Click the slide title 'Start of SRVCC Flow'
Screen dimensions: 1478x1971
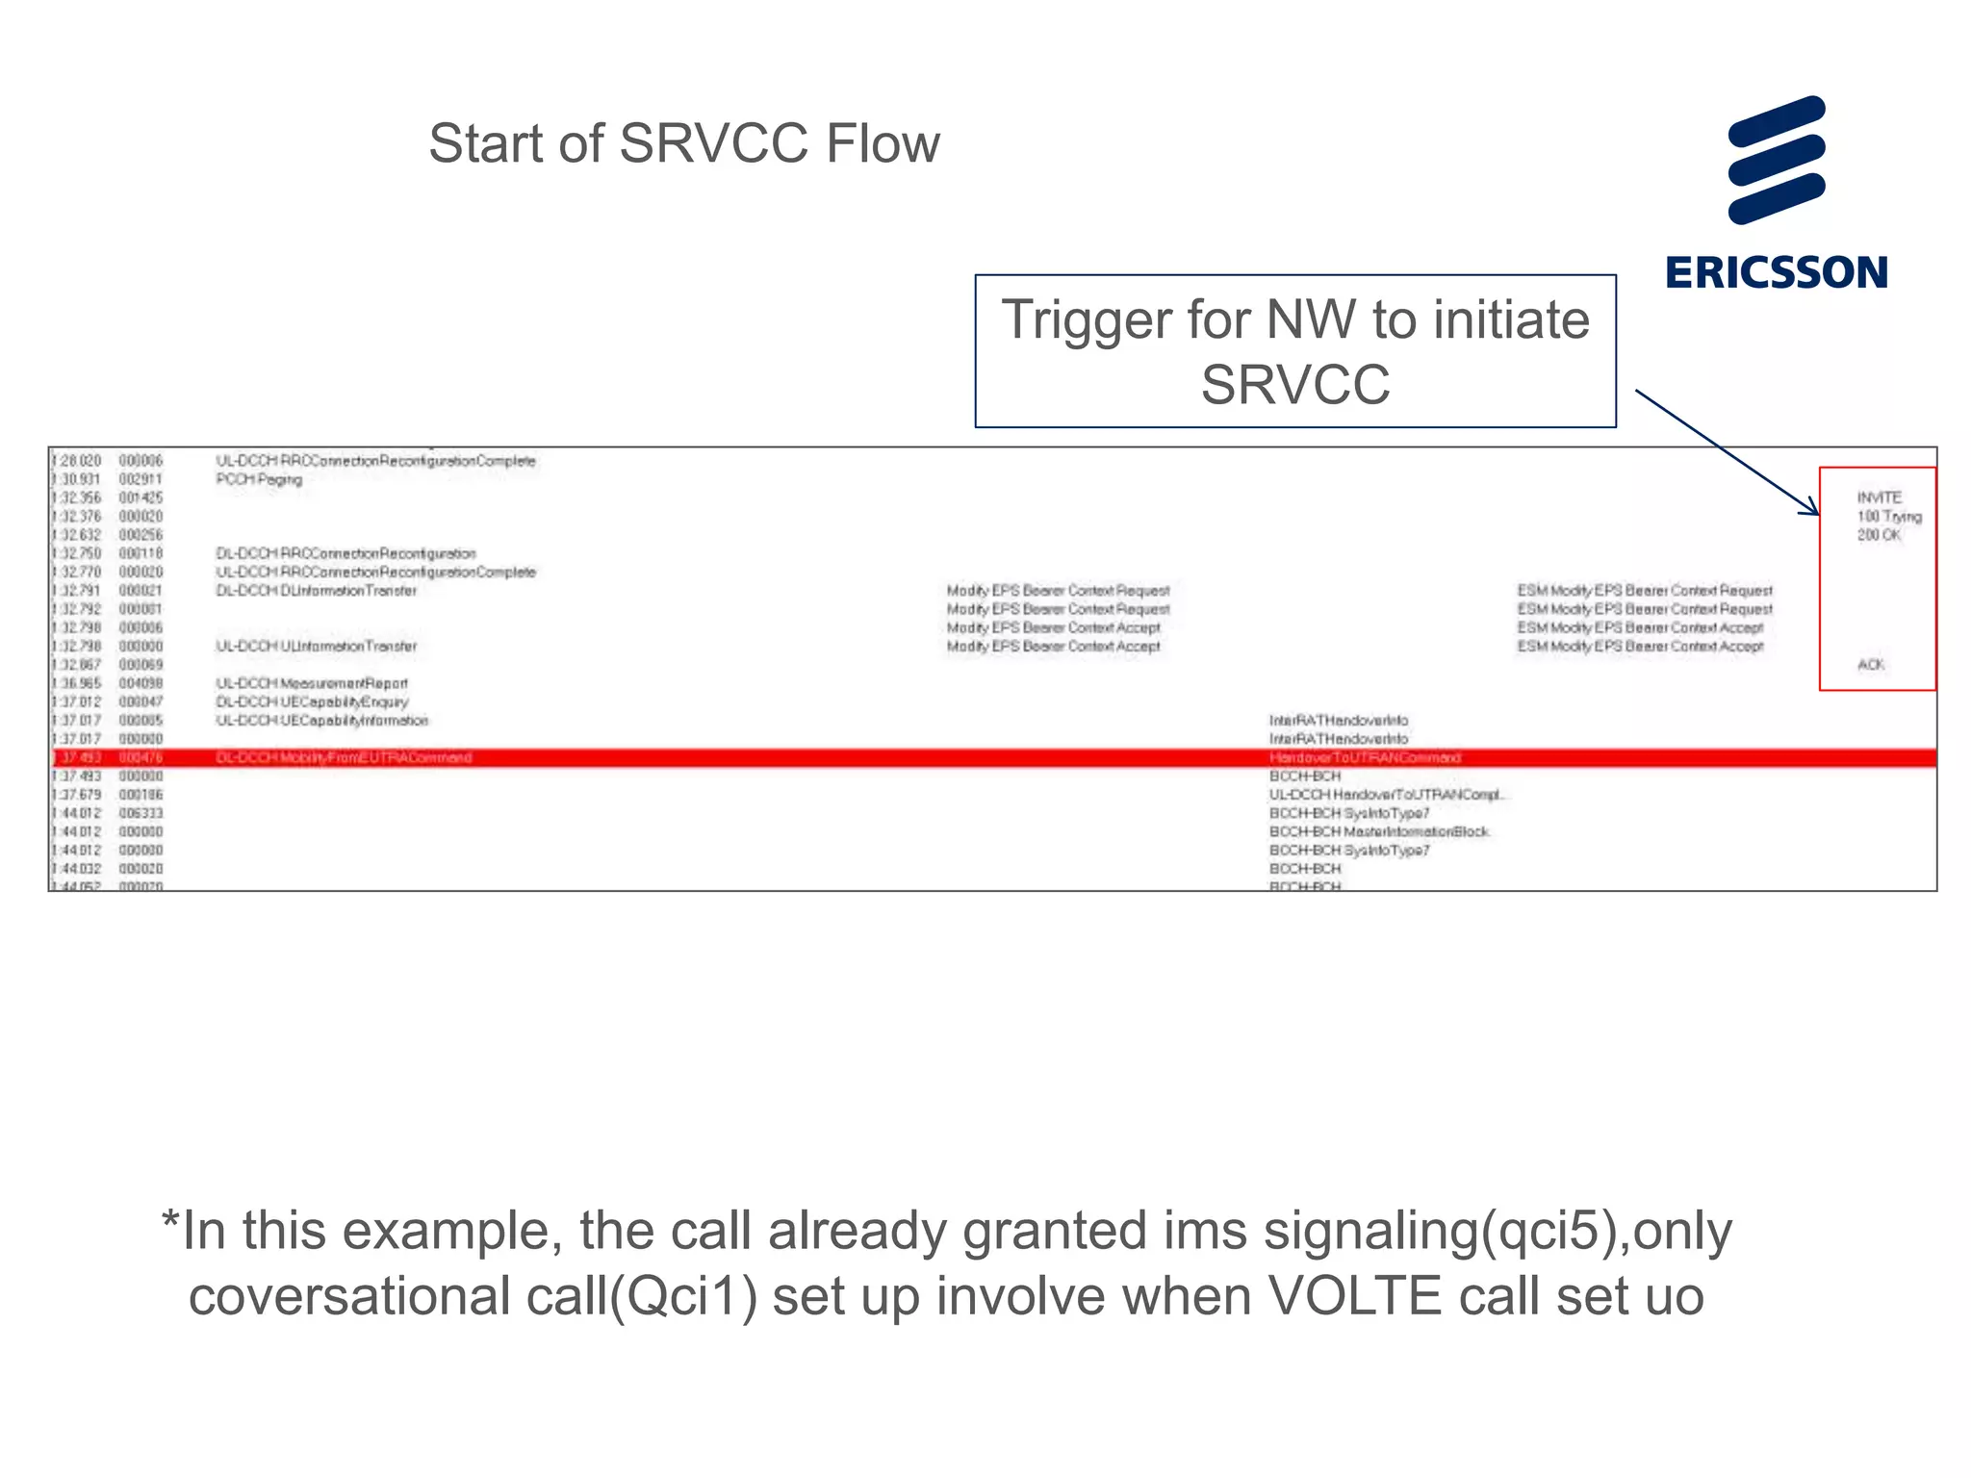(683, 143)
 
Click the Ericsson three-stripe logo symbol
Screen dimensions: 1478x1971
(1777, 160)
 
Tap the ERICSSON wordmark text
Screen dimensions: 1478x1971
(1777, 272)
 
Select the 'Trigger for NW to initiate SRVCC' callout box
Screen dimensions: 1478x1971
(1294, 351)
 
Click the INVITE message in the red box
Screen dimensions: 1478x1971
(1879, 497)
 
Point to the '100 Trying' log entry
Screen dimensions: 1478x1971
(1888, 517)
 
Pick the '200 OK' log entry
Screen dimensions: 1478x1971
(1879, 535)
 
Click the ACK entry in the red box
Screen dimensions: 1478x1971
(1870, 665)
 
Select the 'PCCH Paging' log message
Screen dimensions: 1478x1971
(259, 479)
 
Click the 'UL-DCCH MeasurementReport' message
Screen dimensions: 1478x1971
(312, 683)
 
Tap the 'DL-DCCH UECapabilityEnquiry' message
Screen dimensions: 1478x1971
(312, 701)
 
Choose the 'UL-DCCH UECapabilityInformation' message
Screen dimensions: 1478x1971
(321, 721)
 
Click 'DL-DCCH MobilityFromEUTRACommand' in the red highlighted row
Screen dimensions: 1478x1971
(344, 758)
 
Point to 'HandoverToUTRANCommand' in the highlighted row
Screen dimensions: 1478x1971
(1364, 758)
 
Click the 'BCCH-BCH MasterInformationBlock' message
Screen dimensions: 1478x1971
(1378, 831)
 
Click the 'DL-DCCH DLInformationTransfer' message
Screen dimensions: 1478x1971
(316, 591)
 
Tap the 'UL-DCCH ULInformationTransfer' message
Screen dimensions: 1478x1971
(316, 647)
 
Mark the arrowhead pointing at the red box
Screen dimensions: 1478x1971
(1812, 510)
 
